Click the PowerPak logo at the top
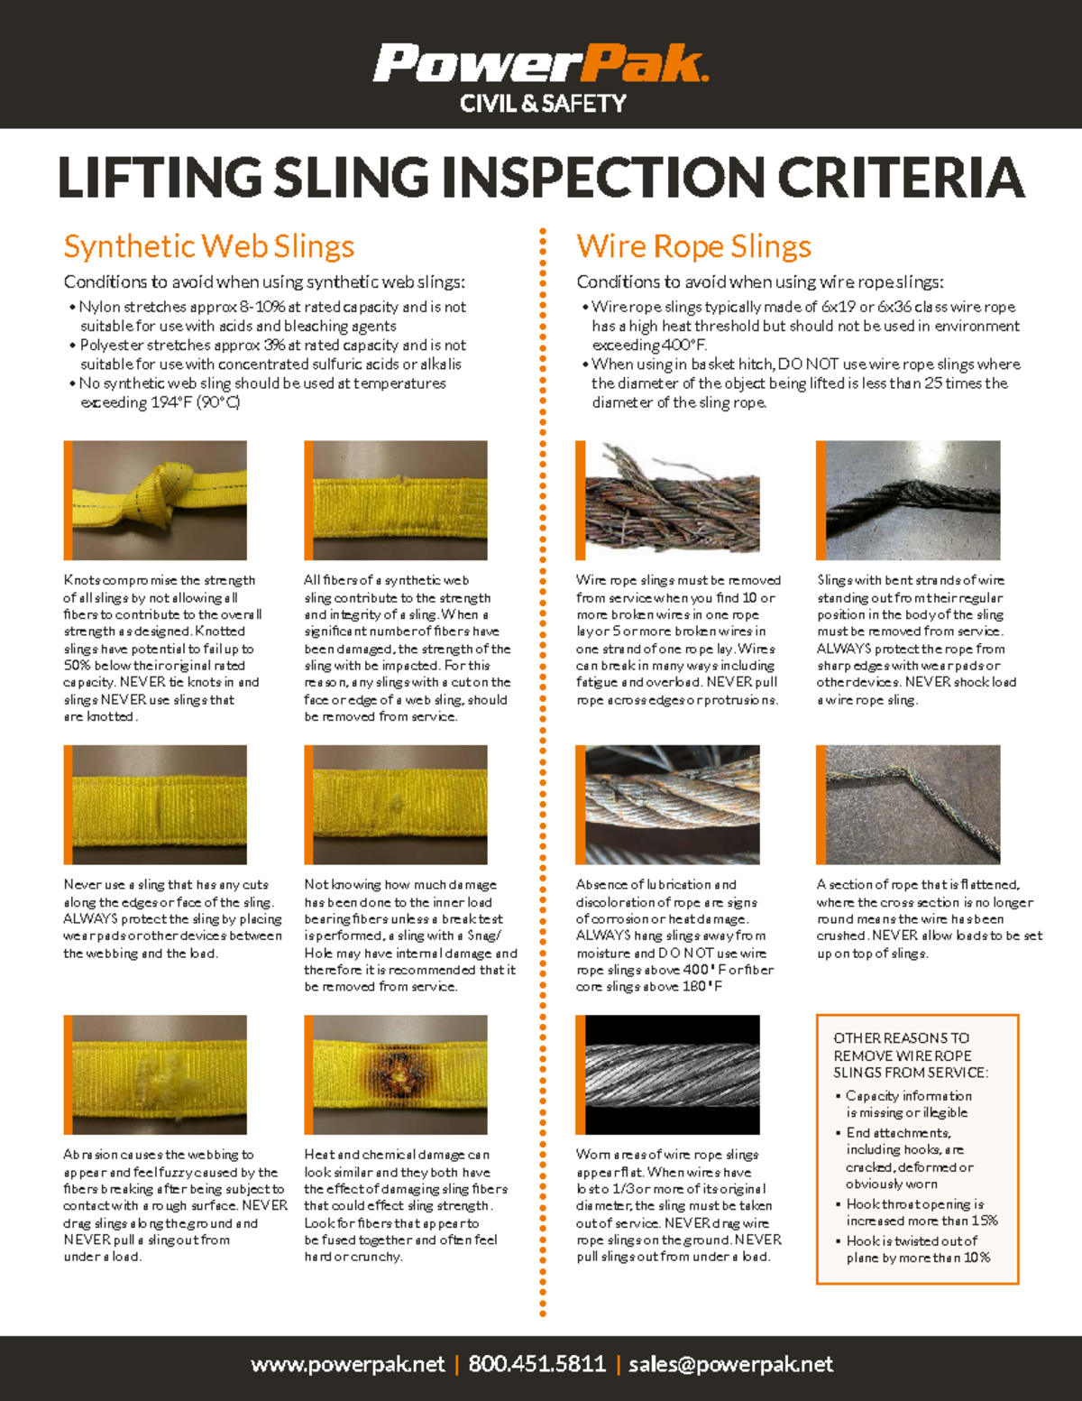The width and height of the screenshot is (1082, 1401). [541, 65]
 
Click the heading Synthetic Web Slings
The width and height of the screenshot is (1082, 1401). [208, 246]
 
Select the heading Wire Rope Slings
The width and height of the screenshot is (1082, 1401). [693, 246]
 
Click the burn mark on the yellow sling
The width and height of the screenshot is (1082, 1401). [397, 1070]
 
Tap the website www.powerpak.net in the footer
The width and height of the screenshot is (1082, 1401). [348, 1364]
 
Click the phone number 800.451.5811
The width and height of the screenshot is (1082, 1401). [536, 1364]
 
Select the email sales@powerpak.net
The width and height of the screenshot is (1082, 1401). [730, 1364]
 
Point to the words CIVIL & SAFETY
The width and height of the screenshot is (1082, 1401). [543, 105]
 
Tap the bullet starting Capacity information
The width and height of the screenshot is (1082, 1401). [908, 1104]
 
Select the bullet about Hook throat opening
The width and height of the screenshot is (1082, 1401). [921, 1212]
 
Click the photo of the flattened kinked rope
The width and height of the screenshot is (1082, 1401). [908, 805]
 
